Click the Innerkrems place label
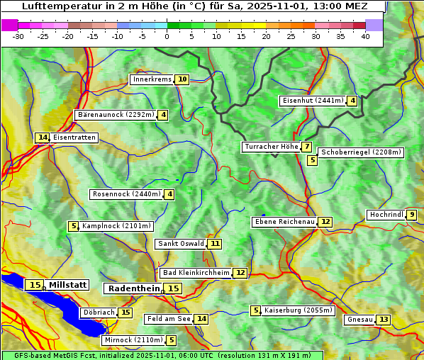pos(152,79)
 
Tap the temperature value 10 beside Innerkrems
pos(182,79)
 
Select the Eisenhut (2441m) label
pos(312,101)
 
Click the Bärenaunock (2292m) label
pos(115,115)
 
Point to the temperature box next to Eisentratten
pos(43,137)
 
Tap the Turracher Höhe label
pos(270,147)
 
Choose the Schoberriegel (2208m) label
pos(361,152)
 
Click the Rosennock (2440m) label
pos(126,194)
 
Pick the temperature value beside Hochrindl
pos(412,215)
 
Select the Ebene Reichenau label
pos(284,222)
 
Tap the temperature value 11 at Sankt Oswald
pos(215,244)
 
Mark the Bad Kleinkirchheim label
pos(196,273)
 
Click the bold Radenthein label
pos(134,288)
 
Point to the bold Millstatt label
pos(67,285)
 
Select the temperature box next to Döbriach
pos(125,313)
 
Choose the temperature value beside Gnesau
pos(383,320)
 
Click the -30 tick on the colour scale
pos(18,36)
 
